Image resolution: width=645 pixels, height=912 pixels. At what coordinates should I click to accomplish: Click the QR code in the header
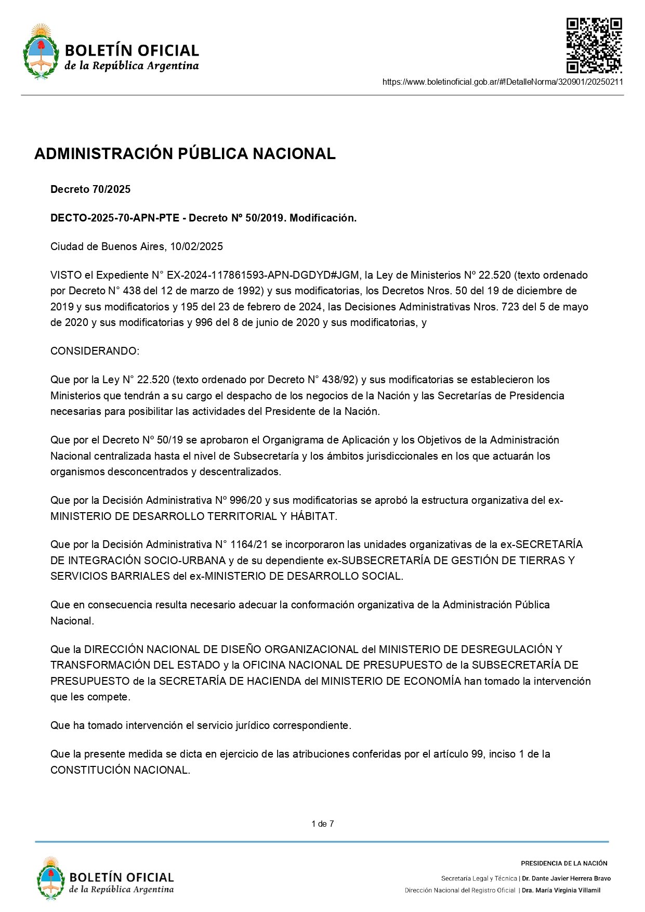click(594, 45)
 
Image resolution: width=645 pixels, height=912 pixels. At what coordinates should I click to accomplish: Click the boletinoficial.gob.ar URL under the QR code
click(503, 82)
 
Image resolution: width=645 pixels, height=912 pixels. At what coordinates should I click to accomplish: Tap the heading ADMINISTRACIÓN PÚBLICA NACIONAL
click(185, 154)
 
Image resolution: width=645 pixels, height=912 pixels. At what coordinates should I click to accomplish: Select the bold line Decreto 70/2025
click(90, 190)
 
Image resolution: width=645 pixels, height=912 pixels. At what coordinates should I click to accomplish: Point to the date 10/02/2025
click(196, 246)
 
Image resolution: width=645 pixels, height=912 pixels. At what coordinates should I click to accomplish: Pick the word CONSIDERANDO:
click(95, 351)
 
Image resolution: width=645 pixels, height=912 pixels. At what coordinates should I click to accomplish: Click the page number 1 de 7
click(322, 824)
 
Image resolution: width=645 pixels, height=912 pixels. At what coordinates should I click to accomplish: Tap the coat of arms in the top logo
click(41, 51)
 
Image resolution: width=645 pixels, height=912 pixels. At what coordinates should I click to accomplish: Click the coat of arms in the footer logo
click(50, 879)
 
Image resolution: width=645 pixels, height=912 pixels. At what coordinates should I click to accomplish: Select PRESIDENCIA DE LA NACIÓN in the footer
click(564, 863)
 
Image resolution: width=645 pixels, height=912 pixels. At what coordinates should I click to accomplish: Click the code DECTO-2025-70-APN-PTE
click(115, 218)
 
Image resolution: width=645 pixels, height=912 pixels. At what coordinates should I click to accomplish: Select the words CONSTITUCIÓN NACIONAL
click(120, 770)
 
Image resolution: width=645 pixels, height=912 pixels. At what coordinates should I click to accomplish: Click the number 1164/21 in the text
click(249, 544)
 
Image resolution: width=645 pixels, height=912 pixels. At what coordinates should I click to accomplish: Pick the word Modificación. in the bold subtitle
click(323, 218)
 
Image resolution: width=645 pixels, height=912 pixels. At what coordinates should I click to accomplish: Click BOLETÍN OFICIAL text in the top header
click(132, 50)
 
